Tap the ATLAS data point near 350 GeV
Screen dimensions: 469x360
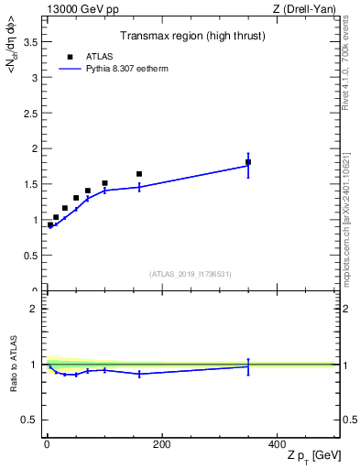248,162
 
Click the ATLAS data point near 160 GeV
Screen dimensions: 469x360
139,174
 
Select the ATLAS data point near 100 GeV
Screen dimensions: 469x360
104,183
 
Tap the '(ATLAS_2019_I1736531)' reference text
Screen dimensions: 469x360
191,274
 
